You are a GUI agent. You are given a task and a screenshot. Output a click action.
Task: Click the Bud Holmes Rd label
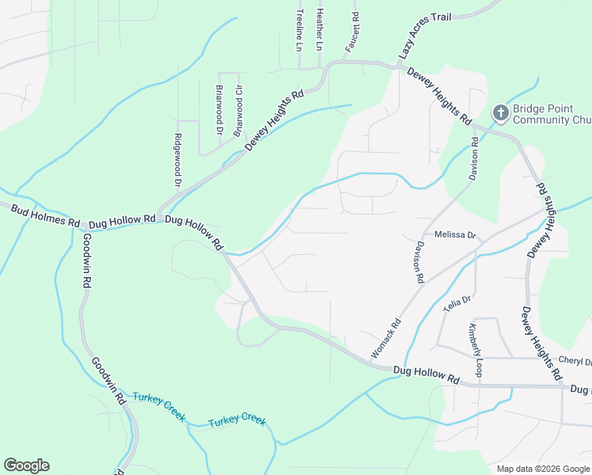[x=45, y=213]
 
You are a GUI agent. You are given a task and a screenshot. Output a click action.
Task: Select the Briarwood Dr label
[x=219, y=109]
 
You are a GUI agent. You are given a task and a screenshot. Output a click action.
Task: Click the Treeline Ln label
[x=299, y=30]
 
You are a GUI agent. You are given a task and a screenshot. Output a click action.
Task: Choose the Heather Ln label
[x=320, y=30]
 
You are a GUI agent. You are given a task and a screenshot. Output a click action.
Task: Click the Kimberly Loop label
[x=475, y=349]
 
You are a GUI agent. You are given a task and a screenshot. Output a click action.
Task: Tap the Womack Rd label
[x=386, y=338]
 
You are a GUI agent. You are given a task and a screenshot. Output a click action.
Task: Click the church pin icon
[x=500, y=114]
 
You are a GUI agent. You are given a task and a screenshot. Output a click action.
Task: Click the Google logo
[x=26, y=465]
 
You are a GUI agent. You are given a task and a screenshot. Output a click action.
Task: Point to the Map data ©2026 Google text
[x=542, y=469]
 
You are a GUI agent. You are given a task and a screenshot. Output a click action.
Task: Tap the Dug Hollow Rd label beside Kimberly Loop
[x=426, y=374]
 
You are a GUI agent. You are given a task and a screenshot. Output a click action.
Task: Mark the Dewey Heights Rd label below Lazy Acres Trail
[x=439, y=97]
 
